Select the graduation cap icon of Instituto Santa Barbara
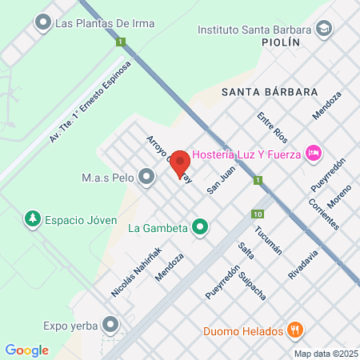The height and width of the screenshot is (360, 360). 324,30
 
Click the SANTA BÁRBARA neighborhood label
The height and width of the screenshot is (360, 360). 270,91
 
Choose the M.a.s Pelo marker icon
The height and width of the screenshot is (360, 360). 146,176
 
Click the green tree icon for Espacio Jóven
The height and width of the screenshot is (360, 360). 33,218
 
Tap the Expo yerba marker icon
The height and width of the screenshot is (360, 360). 110,325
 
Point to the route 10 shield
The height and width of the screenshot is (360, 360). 257,214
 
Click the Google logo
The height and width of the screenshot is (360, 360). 26,350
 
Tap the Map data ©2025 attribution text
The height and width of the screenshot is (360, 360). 325,354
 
